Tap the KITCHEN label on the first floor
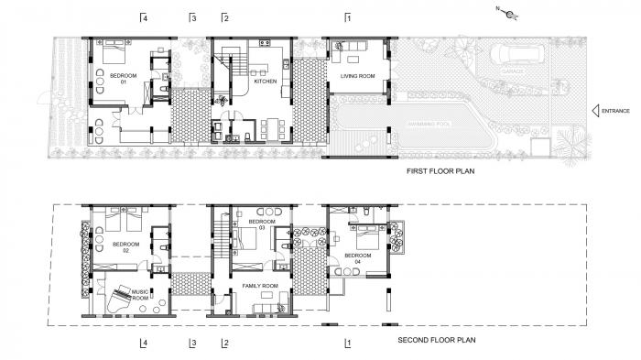[265, 80]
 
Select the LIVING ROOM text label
[357, 75]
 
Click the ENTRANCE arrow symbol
[595, 111]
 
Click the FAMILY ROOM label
[259, 287]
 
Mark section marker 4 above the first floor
[143, 17]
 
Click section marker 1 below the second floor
[347, 344]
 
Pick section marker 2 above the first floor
[224, 17]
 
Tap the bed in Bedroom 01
[115, 48]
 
